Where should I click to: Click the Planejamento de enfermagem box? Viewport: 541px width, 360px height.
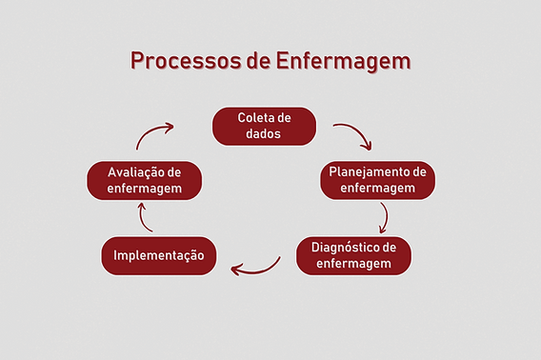378,180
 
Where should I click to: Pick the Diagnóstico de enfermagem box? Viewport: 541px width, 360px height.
354,255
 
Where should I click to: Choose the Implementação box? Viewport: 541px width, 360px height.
159,255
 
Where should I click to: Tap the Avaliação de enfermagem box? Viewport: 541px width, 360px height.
144,180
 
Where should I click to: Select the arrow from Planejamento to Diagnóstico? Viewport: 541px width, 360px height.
383,218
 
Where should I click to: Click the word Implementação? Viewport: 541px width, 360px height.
159,255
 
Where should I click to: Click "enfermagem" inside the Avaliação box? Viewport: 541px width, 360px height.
144,189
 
